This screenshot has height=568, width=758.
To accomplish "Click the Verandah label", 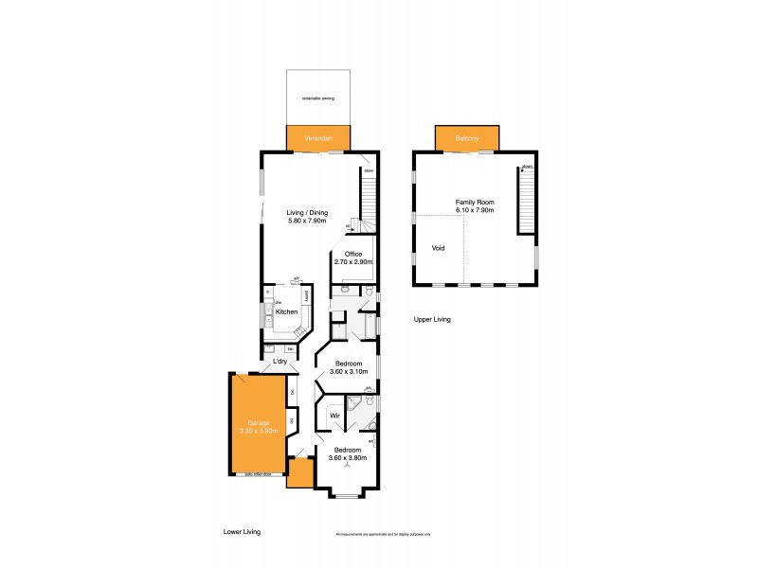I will (318, 139).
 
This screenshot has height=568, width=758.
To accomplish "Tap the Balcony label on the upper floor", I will (467, 139).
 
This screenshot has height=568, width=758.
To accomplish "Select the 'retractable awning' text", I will (318, 98).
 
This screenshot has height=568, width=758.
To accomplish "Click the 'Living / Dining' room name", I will (308, 212).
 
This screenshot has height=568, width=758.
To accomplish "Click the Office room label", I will (353, 253).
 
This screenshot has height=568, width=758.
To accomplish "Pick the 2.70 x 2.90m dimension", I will (353, 261).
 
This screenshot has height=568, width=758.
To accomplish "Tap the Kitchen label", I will (287, 311).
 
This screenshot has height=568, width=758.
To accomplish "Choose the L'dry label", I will (280, 363).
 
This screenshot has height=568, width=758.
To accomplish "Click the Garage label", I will (259, 422).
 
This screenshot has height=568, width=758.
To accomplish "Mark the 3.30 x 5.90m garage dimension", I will (259, 431).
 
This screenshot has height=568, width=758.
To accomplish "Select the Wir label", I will (334, 416).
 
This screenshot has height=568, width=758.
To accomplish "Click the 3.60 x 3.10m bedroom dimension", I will (348, 371).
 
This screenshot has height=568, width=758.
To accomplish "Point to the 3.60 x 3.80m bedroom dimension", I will (348, 458).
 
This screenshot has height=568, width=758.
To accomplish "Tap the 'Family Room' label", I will (475, 204).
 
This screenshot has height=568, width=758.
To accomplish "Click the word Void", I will (438, 248).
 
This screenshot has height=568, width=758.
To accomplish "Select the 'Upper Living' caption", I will (432, 320).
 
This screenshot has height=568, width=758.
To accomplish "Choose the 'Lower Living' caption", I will (242, 532).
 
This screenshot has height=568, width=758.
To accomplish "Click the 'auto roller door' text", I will (259, 474).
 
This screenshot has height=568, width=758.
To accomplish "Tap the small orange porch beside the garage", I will (299, 471).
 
